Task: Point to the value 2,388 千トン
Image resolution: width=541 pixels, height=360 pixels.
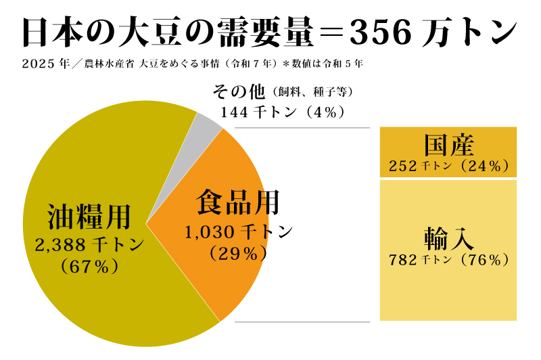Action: click(x=89, y=244)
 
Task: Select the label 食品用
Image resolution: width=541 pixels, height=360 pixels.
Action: click(x=237, y=202)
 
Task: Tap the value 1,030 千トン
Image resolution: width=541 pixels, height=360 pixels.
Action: click(x=238, y=231)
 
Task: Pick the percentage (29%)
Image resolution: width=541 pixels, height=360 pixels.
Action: click(x=237, y=253)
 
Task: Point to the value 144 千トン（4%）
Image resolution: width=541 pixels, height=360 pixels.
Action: click(x=283, y=112)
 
